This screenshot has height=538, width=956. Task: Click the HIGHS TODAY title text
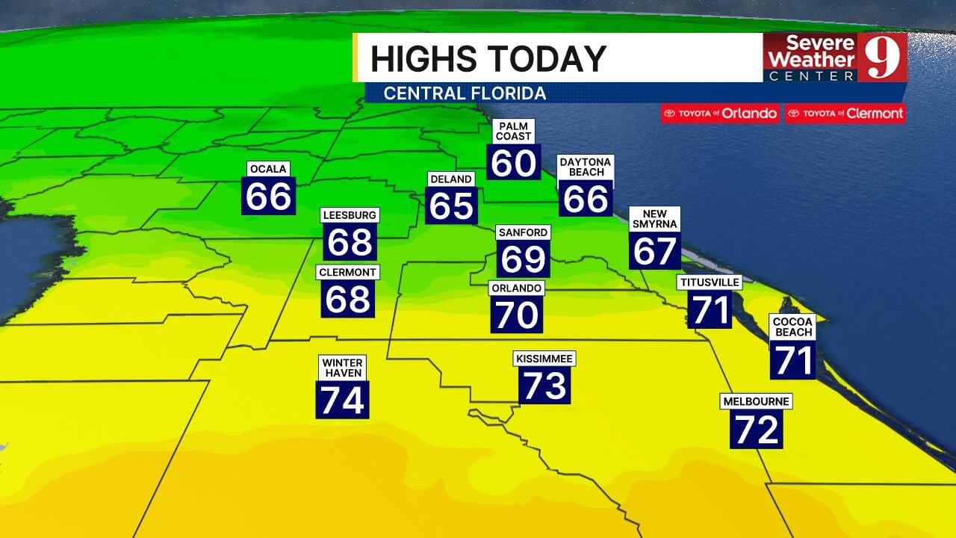488,59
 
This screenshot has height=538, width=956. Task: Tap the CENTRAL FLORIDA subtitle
465,93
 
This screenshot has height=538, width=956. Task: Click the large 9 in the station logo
881,57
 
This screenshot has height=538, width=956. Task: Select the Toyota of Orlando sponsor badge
720,114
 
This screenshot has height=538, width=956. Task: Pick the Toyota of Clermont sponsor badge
845,114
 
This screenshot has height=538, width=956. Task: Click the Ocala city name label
268,169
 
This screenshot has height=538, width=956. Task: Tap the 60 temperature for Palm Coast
514,162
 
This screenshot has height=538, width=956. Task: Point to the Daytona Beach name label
586,167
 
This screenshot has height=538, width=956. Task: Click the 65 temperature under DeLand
452,205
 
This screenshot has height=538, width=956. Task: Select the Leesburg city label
350,215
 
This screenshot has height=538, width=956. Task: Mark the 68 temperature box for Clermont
349,299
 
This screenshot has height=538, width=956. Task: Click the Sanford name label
523,232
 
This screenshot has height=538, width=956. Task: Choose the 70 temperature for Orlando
517,315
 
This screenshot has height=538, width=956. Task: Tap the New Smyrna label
655,219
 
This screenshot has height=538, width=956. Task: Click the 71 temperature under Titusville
710,310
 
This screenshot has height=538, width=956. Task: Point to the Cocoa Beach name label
793,327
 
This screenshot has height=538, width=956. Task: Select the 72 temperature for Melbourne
757,430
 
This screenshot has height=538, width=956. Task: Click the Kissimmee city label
544,359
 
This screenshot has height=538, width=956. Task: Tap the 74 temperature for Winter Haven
343,400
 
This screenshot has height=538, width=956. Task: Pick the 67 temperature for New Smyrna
655,251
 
